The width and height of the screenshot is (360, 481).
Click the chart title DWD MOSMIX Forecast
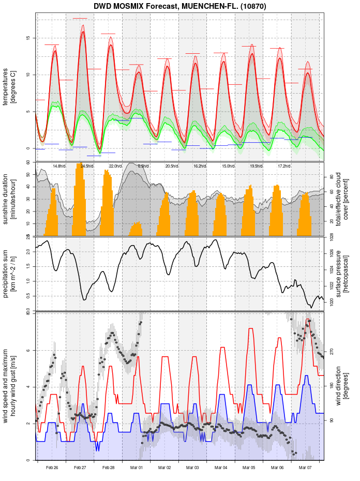pos(178,6)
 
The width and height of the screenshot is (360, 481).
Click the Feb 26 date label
pos(52,468)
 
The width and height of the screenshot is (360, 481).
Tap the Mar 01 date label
pos(137,468)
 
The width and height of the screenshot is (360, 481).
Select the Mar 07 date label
pos(306,468)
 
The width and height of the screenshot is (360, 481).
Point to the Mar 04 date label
pos(221,468)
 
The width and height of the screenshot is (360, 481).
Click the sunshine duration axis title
pos(10,199)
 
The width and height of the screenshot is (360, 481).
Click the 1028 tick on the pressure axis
pos(332,236)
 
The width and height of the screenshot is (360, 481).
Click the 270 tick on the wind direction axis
pos(332,351)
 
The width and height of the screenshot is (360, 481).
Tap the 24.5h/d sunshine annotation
pos(87,166)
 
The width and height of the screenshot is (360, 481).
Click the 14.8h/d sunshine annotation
pos(59,166)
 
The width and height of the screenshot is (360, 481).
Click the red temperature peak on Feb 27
pos(83,32)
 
